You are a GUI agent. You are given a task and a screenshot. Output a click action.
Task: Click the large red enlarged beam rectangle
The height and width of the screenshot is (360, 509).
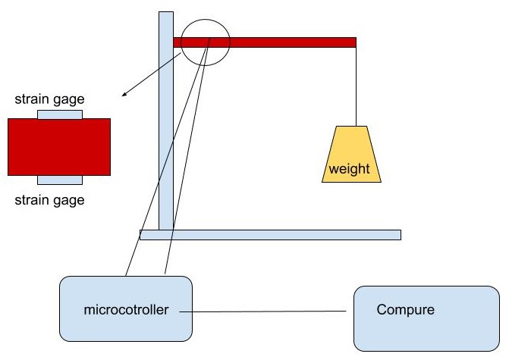click(59, 146)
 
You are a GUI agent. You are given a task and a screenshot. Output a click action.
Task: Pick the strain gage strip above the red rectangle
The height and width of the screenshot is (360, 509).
click(60, 114)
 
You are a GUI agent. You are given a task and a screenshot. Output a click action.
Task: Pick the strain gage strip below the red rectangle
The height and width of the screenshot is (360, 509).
click(60, 180)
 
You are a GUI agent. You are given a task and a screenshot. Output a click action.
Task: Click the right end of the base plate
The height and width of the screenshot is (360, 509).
click(397, 234)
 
